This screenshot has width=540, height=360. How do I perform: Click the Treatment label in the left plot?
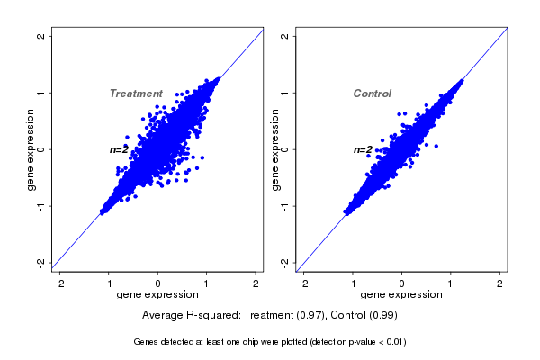pos(136,94)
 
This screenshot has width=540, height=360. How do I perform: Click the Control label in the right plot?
pos(372,94)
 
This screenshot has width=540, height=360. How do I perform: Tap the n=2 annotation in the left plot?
pos(120,149)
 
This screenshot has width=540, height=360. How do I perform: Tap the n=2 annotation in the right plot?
pos(363,149)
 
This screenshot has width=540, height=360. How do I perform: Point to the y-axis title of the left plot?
pos(31,149)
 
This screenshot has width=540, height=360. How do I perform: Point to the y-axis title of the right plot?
pos(275,149)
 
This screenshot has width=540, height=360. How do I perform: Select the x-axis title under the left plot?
pos(159,295)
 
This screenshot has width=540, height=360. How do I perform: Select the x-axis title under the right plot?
pos(402,295)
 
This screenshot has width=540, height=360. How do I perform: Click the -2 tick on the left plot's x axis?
pos(60,283)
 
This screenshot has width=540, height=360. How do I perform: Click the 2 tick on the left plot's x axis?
pos(257,283)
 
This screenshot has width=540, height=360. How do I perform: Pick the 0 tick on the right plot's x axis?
pos(402,283)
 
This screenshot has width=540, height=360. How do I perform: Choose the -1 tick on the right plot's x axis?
pos(352,283)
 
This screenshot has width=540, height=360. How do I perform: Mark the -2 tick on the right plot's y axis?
pos(285,262)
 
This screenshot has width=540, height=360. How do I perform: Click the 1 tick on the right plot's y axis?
pos(285,93)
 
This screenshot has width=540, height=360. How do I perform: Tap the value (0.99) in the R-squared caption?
pos(382,316)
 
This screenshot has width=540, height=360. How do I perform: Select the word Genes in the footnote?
pos(146,342)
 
